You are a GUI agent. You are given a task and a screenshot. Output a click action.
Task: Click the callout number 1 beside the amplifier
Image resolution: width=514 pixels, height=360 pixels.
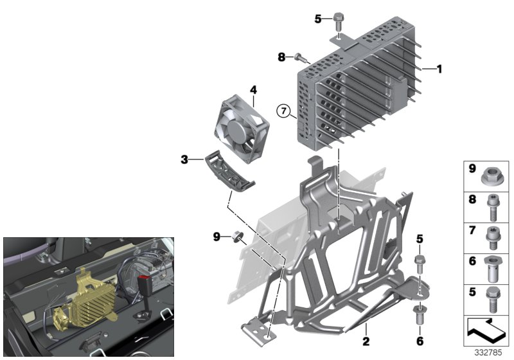(439, 67)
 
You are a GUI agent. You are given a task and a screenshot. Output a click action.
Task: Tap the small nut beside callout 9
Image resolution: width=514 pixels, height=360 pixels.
(238, 237)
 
